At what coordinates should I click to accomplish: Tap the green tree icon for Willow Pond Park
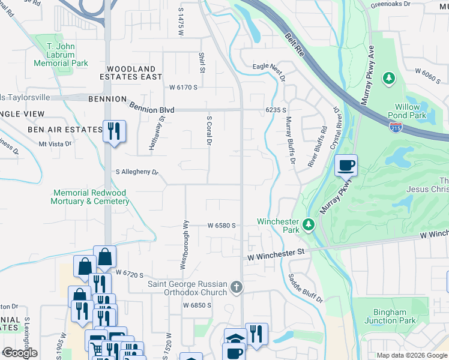coord(389,78)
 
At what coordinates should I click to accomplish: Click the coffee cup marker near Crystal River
coord(346,165)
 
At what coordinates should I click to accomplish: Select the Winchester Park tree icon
coord(309,224)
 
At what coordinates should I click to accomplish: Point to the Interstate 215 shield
coord(396,127)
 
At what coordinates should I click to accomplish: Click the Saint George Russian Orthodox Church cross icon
coord(237,288)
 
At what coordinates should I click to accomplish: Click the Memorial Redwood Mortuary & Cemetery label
coord(91,197)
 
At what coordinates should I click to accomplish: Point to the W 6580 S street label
coord(220,226)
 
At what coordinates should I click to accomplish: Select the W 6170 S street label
coord(183,87)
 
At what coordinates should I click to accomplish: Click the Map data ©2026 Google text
coord(411,355)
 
